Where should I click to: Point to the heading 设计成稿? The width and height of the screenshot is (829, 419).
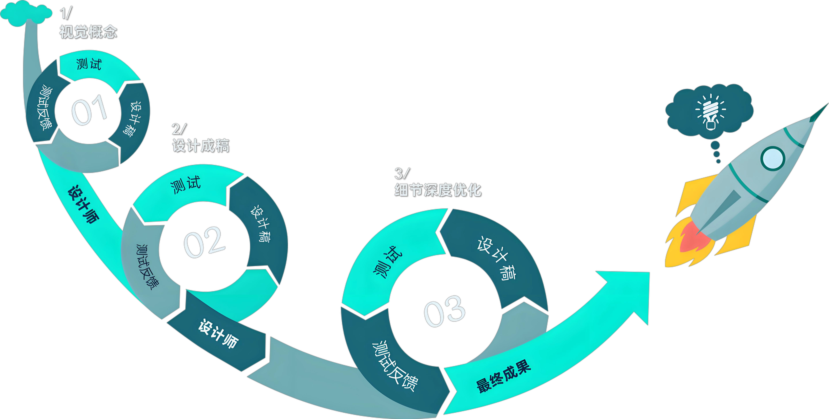pos(200,145)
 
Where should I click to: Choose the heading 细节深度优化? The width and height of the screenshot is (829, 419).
pos(438,190)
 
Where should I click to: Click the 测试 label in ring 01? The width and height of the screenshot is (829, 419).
pos(89,64)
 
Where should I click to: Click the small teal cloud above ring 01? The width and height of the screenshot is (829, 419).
pos(26,13)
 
